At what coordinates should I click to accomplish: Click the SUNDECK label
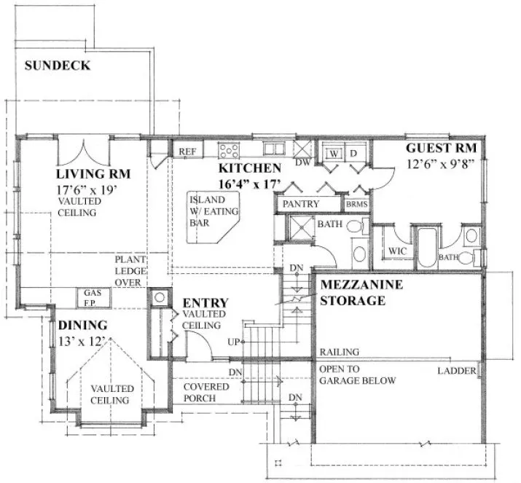pyautogui.click(x=58, y=66)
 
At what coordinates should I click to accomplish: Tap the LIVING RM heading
pyautogui.click(x=93, y=174)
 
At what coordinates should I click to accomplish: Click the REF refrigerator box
pyautogui.click(x=187, y=151)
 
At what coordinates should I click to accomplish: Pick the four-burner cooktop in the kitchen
pyautogui.click(x=230, y=151)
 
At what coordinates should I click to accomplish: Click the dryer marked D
pyautogui.click(x=353, y=153)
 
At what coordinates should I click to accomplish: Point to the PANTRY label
pyautogui.click(x=302, y=205)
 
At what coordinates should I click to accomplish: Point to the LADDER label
pyautogui.click(x=456, y=372)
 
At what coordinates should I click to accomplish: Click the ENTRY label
pyautogui.click(x=205, y=303)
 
